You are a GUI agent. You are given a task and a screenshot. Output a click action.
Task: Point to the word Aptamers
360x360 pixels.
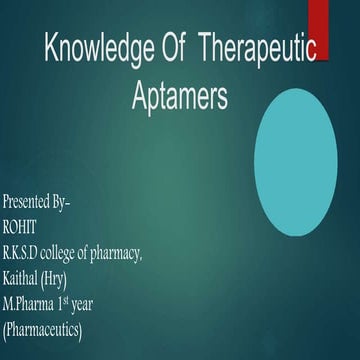(180, 97)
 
